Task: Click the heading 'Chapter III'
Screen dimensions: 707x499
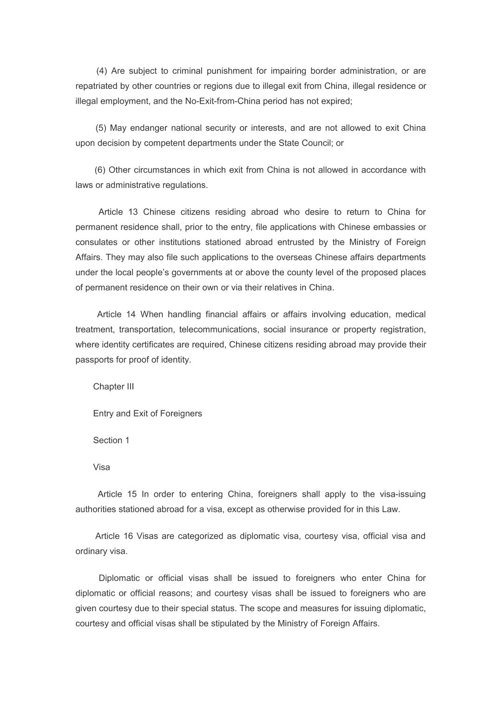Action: [113, 387]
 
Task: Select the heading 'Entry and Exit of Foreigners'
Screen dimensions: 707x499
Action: [147, 414]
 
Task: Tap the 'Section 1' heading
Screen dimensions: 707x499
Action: [111, 440]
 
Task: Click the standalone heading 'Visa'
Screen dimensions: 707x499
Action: [101, 467]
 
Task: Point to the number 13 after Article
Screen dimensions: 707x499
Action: [133, 212]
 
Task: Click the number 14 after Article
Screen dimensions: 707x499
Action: [131, 314]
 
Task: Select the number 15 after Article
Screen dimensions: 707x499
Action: [131, 494]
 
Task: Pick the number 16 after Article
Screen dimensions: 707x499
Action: [128, 536]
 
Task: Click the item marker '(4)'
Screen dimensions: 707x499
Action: [102, 71]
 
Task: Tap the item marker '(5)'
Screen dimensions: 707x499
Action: [101, 128]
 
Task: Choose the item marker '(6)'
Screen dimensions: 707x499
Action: [100, 170]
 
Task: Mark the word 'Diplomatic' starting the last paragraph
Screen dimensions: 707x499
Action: [119, 578]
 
